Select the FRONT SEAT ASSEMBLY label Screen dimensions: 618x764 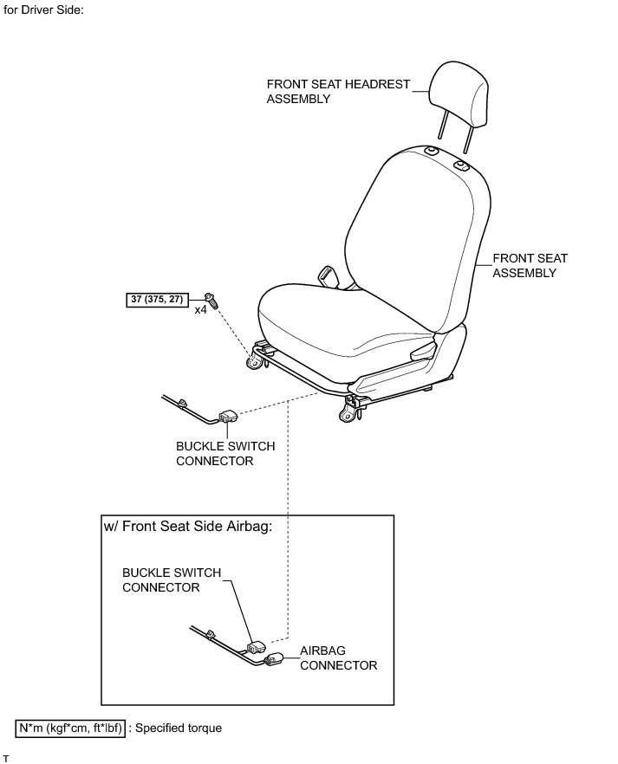click(x=524, y=265)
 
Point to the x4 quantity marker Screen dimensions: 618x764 click(x=201, y=309)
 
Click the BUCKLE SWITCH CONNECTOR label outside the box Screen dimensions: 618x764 click(x=225, y=454)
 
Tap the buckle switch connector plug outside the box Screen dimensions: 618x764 click(x=230, y=417)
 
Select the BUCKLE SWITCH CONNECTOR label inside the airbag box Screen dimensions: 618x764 click(x=172, y=579)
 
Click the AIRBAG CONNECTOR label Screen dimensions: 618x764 click(x=338, y=657)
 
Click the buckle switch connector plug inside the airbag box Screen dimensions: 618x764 click(x=256, y=646)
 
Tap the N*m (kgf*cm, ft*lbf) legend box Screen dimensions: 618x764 click(x=71, y=728)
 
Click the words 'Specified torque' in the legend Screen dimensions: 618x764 click(x=181, y=728)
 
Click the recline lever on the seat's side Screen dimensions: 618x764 click(x=423, y=350)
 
